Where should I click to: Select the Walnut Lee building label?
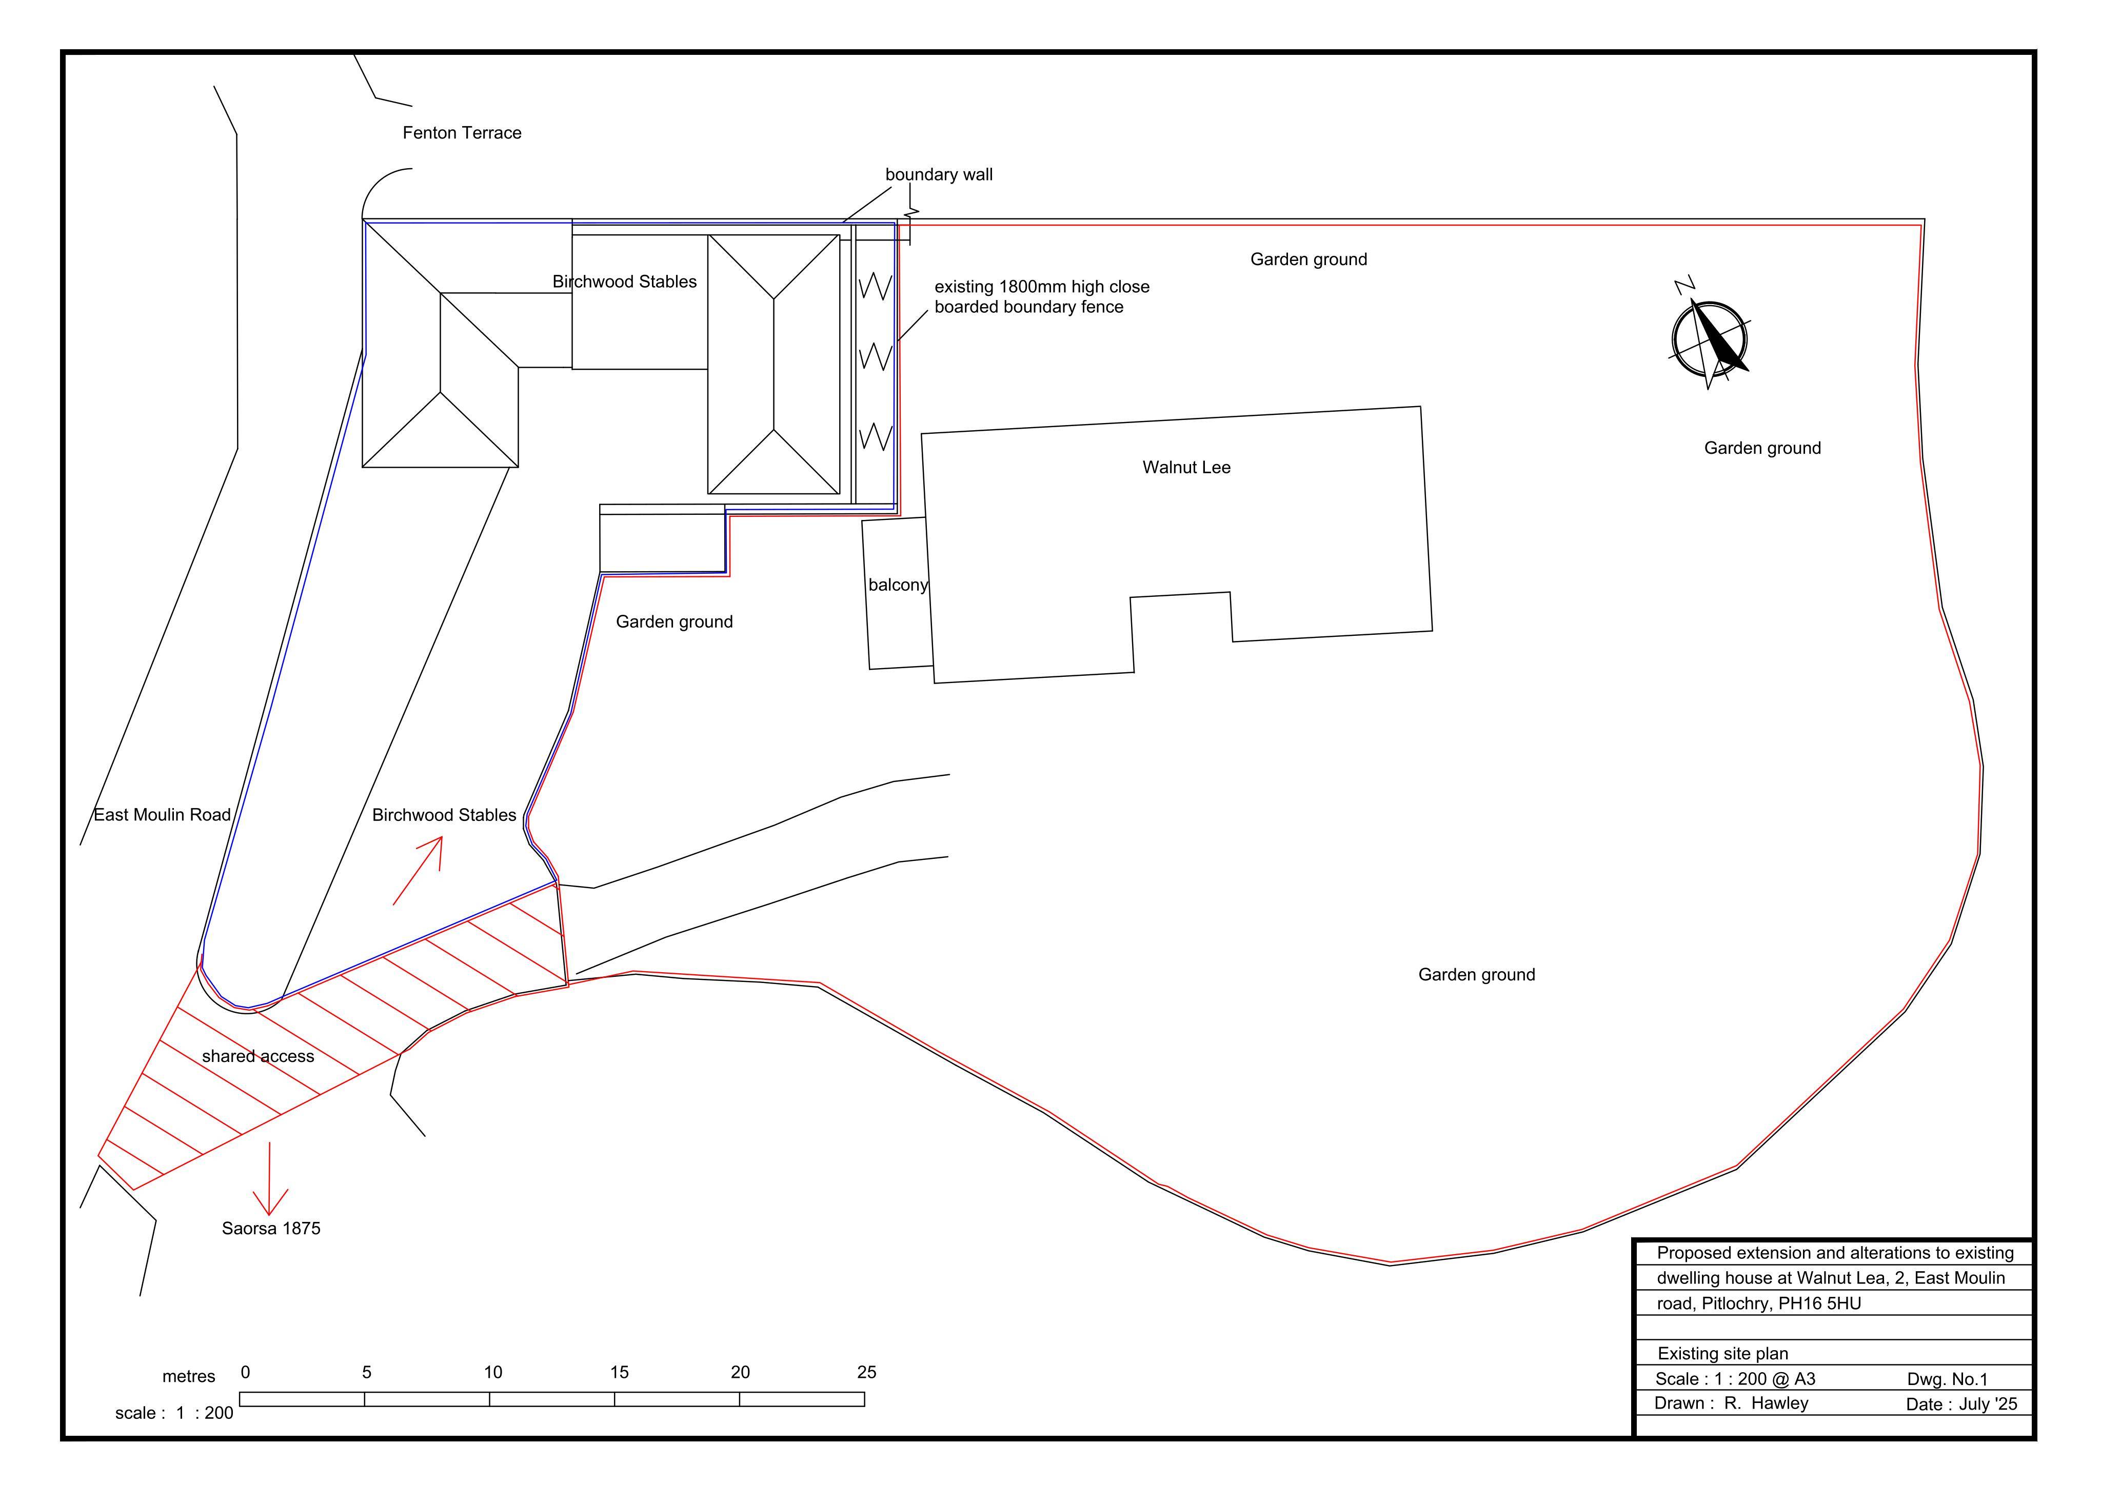(1187, 468)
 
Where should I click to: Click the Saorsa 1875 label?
(271, 1229)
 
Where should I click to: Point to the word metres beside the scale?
(188, 1377)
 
